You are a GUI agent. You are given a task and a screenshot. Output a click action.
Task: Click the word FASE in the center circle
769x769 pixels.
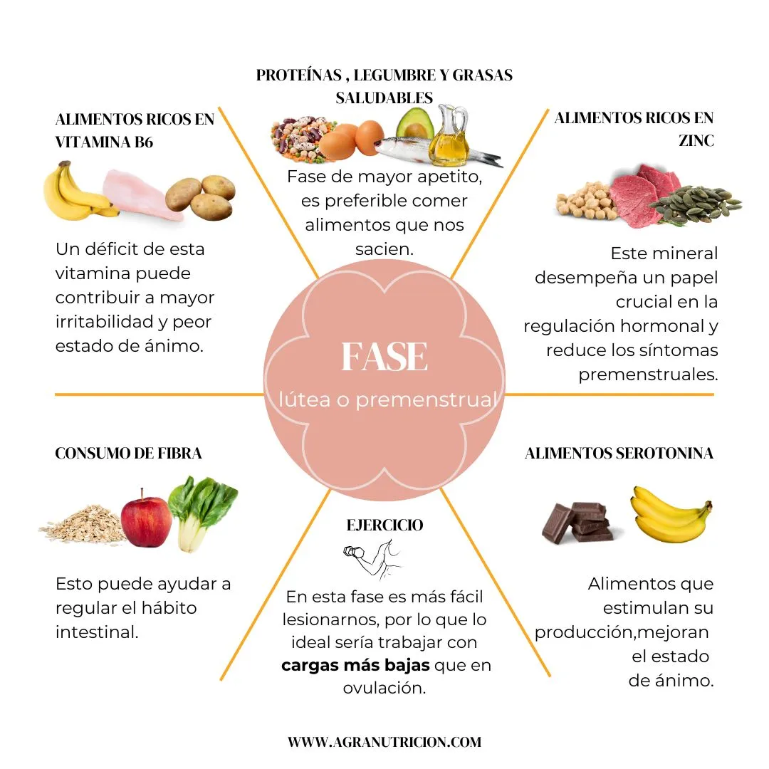384,357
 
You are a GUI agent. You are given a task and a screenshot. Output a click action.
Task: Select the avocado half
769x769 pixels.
415,125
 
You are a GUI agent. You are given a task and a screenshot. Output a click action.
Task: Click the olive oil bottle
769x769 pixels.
449,135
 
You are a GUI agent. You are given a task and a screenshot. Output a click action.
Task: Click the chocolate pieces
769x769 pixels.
577,523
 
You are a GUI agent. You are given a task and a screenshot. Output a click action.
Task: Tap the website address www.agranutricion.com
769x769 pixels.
384,742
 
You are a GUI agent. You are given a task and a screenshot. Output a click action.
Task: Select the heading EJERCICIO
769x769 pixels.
384,525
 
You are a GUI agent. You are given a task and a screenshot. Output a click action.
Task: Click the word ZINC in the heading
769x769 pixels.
696,141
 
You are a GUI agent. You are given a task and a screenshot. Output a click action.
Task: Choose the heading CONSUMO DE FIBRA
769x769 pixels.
128,453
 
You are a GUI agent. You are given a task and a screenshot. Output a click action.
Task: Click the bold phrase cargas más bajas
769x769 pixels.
355,666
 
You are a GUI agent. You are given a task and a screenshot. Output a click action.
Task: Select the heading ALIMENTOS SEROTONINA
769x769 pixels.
619,453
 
